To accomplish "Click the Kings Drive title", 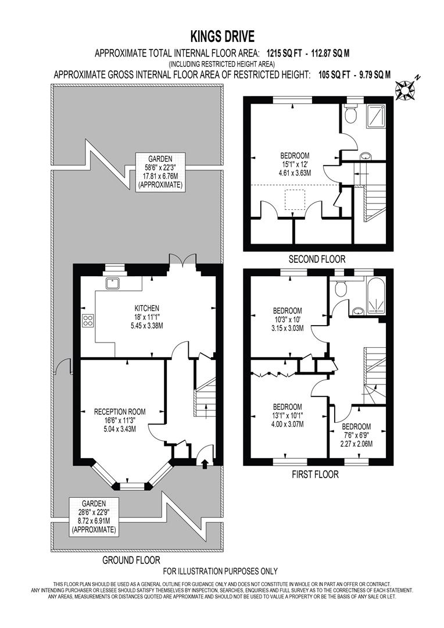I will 222,37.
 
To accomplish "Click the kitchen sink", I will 112,283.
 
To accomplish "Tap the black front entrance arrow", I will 203,463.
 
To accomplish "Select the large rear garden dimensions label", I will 160,172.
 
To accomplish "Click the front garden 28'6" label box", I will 93,517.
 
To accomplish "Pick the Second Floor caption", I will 317,259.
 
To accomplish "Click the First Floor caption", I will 315,474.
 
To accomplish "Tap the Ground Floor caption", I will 131,561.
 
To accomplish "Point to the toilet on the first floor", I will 341,288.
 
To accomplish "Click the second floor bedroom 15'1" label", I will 295,164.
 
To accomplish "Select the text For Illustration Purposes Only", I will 220,571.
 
